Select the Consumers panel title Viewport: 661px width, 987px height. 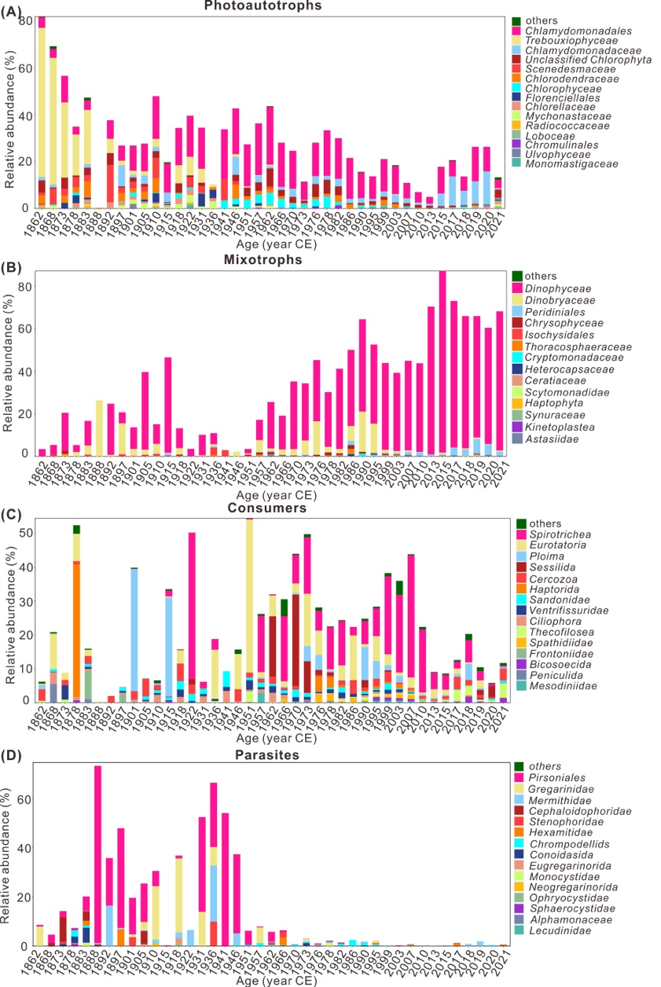tap(267, 511)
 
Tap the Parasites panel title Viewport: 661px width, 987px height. tap(267, 756)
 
